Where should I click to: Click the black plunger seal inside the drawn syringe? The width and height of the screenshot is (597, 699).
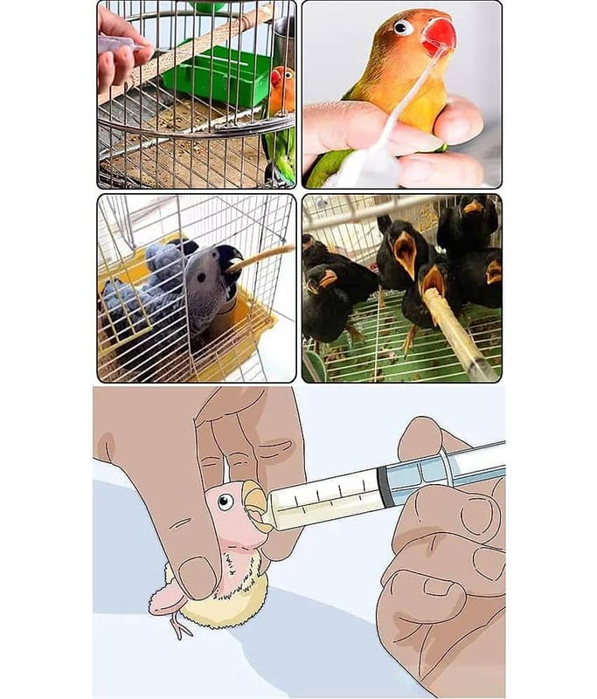(x=385, y=486)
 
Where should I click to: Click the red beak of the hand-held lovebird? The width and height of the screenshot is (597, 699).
(x=439, y=35)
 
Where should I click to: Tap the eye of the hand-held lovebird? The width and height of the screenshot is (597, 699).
(x=403, y=27)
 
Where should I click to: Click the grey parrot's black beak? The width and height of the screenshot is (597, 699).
(x=230, y=260)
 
